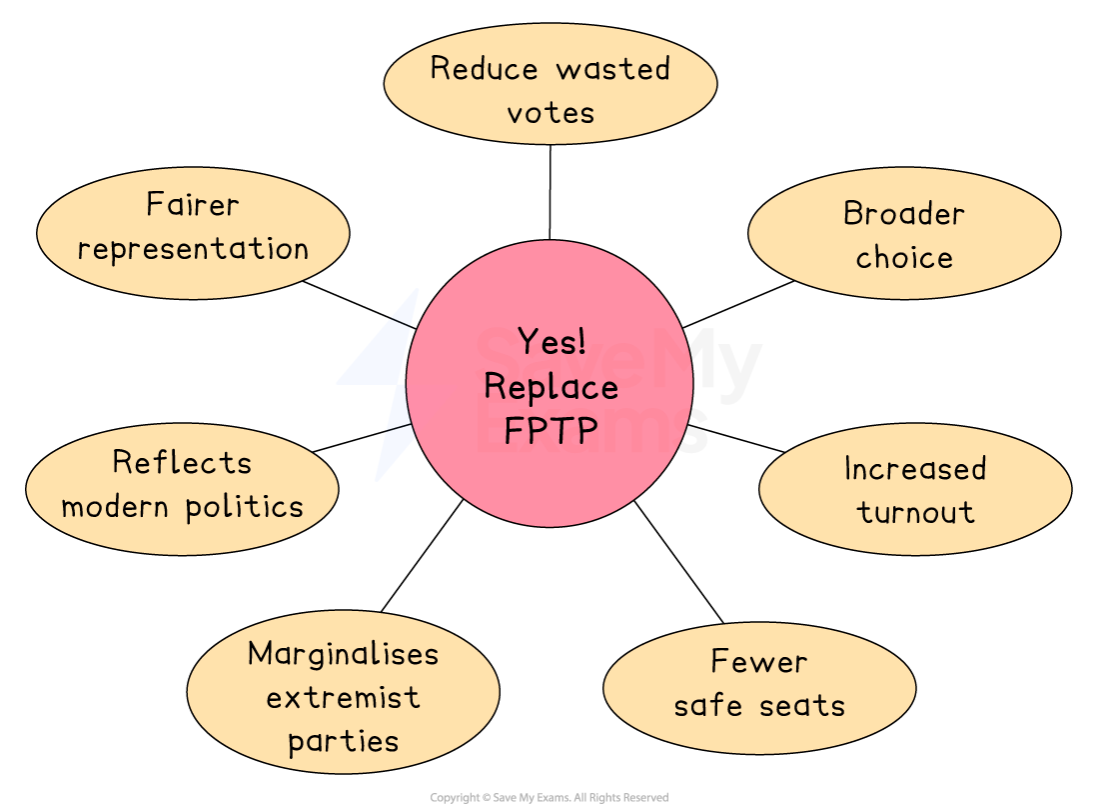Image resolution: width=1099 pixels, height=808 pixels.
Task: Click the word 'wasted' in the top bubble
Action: [x=612, y=69]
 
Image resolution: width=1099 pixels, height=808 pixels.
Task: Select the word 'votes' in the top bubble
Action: [x=550, y=113]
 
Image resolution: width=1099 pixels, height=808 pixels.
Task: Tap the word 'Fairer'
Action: [x=193, y=205]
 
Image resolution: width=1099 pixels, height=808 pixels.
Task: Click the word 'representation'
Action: [x=193, y=249]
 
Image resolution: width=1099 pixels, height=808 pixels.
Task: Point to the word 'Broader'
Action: [x=904, y=214]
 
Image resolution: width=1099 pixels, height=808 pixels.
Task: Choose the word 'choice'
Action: [x=904, y=258]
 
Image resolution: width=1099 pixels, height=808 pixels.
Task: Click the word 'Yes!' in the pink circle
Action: [x=551, y=342]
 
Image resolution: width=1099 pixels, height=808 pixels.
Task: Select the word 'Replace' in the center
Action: [x=550, y=386]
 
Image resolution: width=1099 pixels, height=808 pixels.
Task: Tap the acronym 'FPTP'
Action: [x=550, y=430]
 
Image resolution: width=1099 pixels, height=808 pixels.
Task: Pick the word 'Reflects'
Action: [x=182, y=462]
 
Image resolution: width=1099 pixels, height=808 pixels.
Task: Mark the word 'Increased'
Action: [x=915, y=468]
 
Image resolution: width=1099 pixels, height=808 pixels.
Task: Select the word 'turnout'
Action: [x=915, y=512]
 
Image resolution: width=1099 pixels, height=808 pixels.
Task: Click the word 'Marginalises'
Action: [x=343, y=654]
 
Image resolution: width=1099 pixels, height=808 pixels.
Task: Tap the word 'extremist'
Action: [x=343, y=697]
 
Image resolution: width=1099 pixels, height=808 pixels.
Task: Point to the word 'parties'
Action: [x=343, y=742]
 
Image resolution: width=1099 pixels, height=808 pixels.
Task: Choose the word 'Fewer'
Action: [x=759, y=662]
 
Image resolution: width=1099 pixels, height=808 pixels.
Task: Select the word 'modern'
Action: [x=118, y=506]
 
